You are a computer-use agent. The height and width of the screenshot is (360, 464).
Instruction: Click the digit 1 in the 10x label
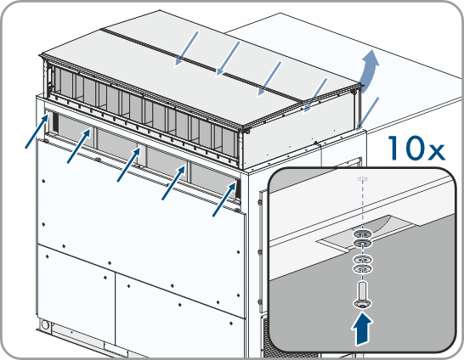tap(395, 148)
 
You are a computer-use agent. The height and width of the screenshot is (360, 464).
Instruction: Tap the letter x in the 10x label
tap(435, 152)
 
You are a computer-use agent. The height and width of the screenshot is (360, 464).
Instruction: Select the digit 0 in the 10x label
tap(413, 148)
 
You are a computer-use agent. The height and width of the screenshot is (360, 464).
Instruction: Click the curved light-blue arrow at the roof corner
tap(370, 71)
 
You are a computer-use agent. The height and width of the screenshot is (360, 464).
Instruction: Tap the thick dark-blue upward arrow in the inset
tap(362, 329)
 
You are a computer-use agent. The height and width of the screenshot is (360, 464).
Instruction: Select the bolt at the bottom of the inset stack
tap(363, 295)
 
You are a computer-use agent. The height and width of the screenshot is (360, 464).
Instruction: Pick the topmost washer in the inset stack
tap(363, 234)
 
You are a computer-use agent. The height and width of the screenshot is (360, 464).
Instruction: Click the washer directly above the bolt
tap(363, 268)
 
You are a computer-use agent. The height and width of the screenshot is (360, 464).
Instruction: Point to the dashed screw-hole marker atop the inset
tap(363, 179)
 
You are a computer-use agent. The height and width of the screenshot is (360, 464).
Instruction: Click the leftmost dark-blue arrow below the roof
tap(37, 132)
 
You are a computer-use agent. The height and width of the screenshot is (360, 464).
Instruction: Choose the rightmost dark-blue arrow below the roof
tap(224, 199)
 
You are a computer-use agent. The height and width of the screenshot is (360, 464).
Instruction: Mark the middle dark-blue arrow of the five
tap(128, 165)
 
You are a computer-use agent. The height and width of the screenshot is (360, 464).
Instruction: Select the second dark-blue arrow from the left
tap(79, 146)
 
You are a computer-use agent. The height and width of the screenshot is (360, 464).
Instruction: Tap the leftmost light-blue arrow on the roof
tap(186, 48)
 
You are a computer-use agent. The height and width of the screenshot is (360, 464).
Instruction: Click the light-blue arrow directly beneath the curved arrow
tap(367, 114)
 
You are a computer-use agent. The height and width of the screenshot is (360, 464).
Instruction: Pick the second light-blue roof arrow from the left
tap(228, 59)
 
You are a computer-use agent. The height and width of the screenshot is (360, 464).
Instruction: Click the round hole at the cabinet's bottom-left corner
tap(45, 324)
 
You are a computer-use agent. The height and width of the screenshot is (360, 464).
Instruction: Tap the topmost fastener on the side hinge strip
tap(259, 202)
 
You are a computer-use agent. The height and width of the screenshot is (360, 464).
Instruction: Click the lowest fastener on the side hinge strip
tap(260, 301)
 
